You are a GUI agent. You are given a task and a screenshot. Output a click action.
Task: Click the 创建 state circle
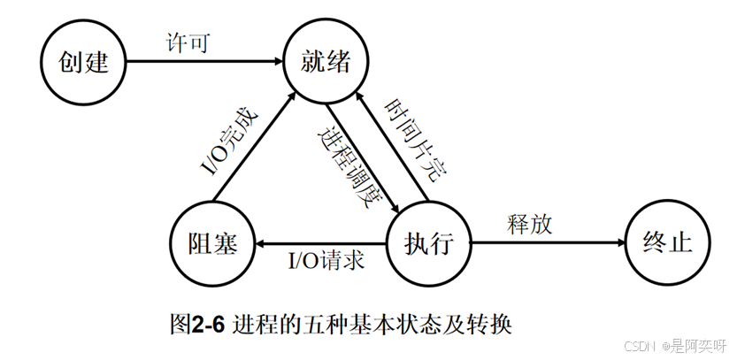point(83,61)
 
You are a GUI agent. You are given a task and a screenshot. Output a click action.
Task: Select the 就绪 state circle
point(325,61)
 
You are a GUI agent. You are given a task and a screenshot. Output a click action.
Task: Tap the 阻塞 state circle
point(214,242)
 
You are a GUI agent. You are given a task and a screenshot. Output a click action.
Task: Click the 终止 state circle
point(667,242)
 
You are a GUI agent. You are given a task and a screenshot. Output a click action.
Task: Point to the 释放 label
point(532,224)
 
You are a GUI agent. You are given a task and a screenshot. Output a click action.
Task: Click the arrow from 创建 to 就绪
point(203,61)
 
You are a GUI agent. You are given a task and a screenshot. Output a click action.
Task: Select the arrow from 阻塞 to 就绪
point(257,142)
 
